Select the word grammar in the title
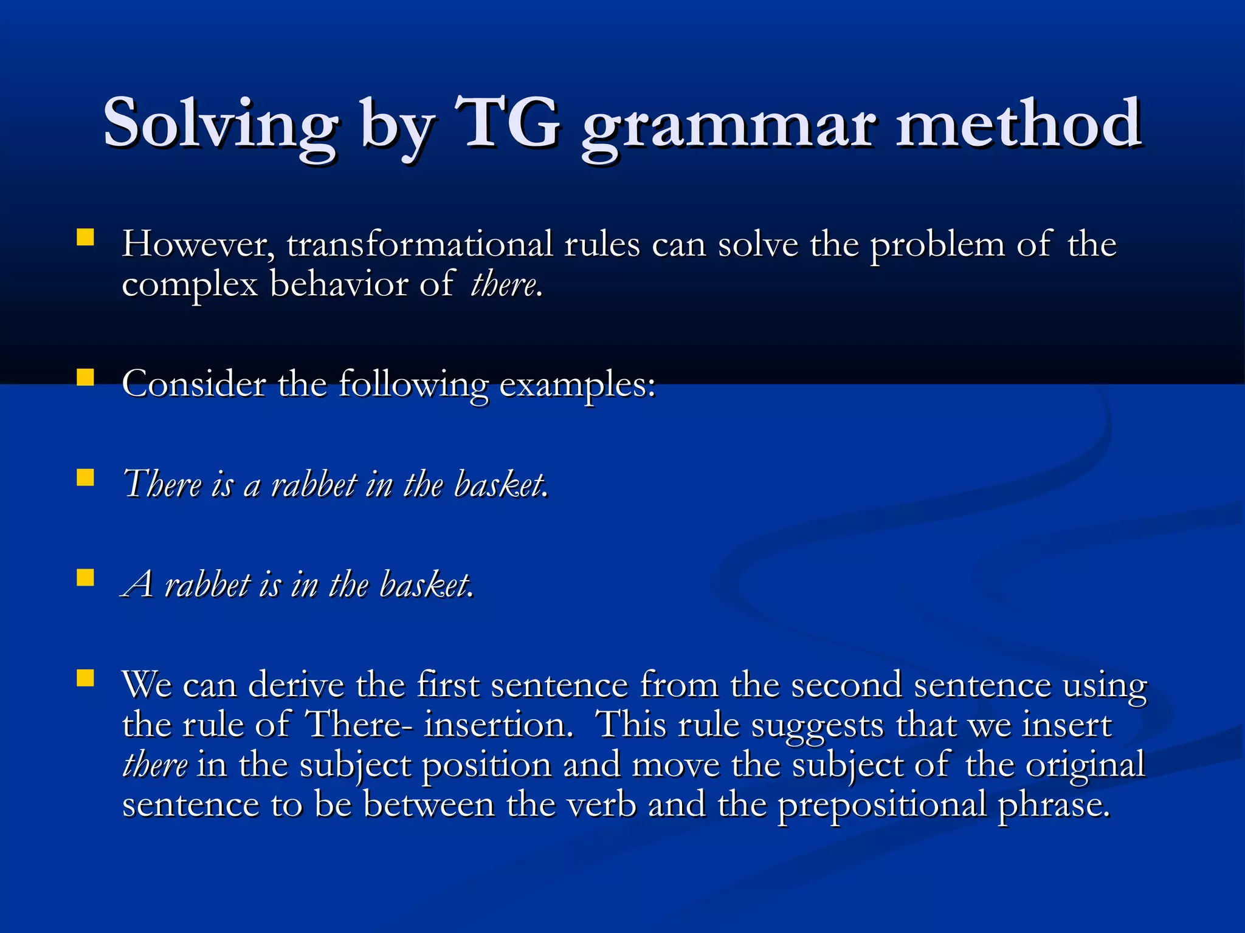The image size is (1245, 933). point(729,128)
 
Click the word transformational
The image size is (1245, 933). point(419,244)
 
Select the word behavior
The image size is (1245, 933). point(339,284)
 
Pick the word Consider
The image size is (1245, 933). point(194,384)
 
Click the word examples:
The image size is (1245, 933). point(578,385)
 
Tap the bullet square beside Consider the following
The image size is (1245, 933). point(86,378)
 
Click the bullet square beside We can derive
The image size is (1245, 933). point(86,678)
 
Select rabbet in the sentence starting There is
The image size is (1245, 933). point(314,485)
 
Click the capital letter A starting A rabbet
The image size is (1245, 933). point(139,584)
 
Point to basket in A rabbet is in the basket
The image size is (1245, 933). point(425,585)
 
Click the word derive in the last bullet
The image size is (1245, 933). point(296,685)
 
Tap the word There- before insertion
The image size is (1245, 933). point(353,724)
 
